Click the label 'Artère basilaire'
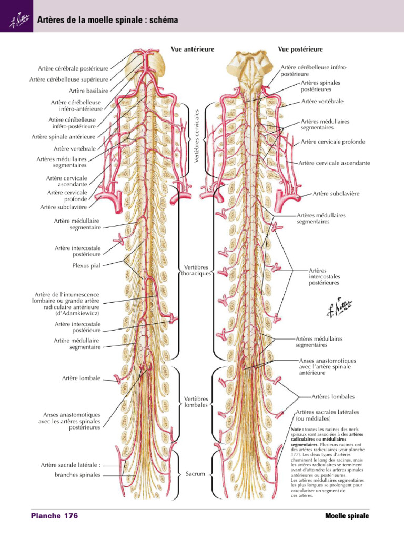[x=88, y=91]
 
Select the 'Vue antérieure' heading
[x=193, y=49]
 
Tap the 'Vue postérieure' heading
[x=300, y=49]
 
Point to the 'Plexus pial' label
[x=86, y=265]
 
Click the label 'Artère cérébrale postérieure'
[x=73, y=69]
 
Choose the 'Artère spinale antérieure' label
[x=64, y=137]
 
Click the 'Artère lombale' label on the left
[x=81, y=378]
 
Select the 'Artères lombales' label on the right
[x=333, y=397]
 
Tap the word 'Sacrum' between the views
[x=195, y=474]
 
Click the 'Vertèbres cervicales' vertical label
[x=197, y=136]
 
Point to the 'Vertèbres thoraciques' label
[x=196, y=270]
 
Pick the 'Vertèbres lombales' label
[x=196, y=402]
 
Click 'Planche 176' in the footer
[x=55, y=516]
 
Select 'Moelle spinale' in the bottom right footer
[x=347, y=516]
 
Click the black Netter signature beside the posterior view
[x=339, y=307]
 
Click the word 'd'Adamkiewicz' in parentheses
[x=77, y=314]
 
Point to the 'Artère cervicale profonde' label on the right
[x=333, y=142]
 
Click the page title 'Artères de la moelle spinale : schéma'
[x=107, y=20]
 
